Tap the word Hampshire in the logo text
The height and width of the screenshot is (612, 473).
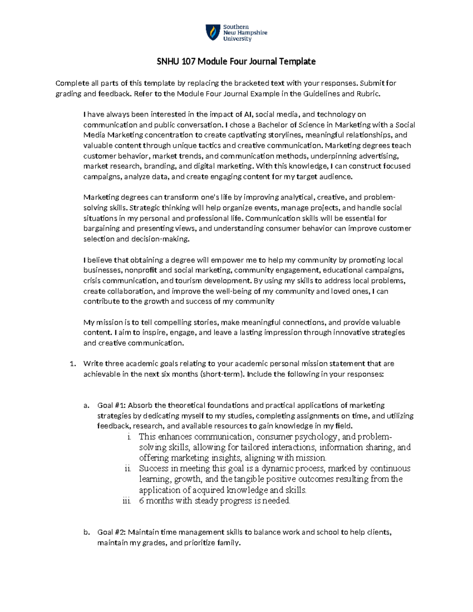(x=253, y=33)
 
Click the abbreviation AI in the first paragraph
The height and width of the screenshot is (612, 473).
(x=250, y=115)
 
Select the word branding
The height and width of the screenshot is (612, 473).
(x=161, y=166)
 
